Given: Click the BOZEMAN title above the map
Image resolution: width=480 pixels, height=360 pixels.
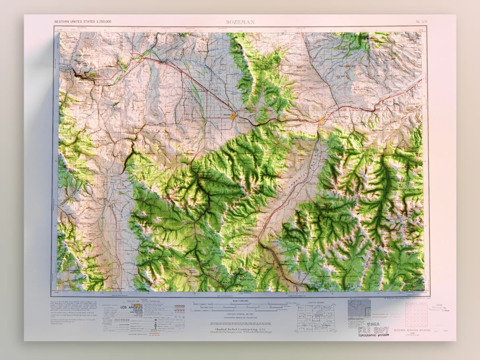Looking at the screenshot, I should click(240, 21).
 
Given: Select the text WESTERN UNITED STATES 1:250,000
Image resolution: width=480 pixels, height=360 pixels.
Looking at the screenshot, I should click(83, 21).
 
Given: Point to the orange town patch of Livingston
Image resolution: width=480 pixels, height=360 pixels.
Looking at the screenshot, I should click(320, 120).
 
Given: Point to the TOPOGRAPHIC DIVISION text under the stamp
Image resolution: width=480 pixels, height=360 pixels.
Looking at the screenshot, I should click(373, 335).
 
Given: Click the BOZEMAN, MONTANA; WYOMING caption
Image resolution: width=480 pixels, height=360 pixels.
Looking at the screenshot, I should click(412, 330).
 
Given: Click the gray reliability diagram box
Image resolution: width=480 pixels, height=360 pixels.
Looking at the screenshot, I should click(359, 308).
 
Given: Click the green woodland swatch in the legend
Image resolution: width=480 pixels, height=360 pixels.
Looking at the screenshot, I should click(153, 330).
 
